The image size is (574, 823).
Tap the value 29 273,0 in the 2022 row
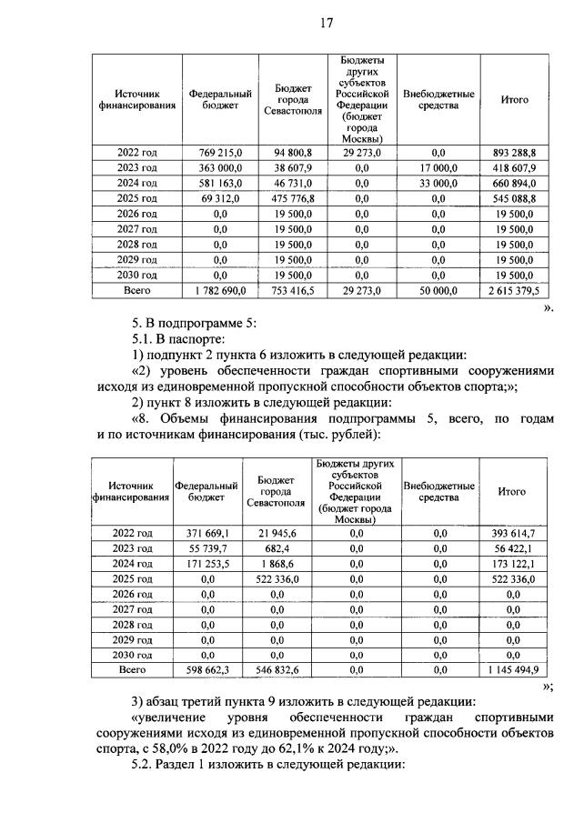click(362, 154)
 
